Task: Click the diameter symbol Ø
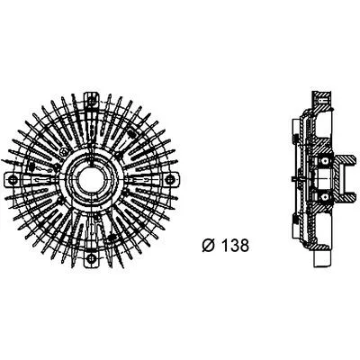point(209,246)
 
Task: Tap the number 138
point(236,246)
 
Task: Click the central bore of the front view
point(91,179)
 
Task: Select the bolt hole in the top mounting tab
point(91,101)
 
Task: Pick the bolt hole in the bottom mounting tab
point(91,257)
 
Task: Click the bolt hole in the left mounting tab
point(13,179)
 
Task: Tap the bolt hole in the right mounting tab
point(169,179)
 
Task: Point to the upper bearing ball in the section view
point(324,162)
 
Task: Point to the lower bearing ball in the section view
point(324,196)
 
